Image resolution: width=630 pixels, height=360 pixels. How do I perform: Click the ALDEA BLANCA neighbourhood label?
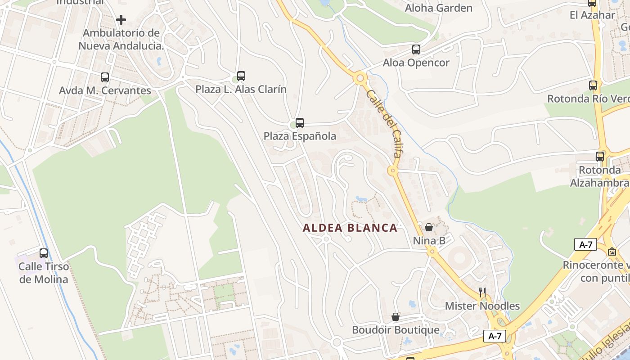[x=350, y=228]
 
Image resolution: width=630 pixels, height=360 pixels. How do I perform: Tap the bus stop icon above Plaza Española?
[x=300, y=122]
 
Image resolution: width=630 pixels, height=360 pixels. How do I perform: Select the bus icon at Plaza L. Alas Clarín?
[x=241, y=76]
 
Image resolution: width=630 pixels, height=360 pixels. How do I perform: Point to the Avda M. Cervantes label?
[x=105, y=90]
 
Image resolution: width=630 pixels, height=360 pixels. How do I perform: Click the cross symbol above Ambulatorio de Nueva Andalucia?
[x=121, y=20]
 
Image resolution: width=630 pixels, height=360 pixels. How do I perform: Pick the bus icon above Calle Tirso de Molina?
[x=44, y=253]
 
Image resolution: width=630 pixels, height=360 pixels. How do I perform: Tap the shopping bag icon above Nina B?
[x=429, y=227]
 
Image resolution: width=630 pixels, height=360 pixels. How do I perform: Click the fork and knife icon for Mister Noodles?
[x=482, y=292]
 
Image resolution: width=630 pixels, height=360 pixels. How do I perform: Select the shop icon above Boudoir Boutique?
[x=396, y=317]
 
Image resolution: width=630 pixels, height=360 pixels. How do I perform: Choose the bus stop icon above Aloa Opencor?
[x=416, y=49]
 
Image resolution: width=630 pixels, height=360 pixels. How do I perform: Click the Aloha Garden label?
[x=439, y=8]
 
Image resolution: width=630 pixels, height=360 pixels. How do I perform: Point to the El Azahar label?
[x=592, y=15]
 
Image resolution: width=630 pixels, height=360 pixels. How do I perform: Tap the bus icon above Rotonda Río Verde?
[x=593, y=85]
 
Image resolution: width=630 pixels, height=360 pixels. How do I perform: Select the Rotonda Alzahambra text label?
[x=600, y=176]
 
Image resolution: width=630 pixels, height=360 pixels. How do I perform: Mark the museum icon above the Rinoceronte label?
[x=612, y=252]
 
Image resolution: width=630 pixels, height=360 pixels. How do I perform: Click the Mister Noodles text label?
[x=482, y=306]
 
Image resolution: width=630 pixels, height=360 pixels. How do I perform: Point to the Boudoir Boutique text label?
[x=396, y=330]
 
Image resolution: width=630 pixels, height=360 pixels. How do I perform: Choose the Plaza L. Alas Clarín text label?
[x=241, y=89]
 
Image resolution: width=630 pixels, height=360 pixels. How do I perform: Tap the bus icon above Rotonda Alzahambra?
[x=600, y=157]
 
